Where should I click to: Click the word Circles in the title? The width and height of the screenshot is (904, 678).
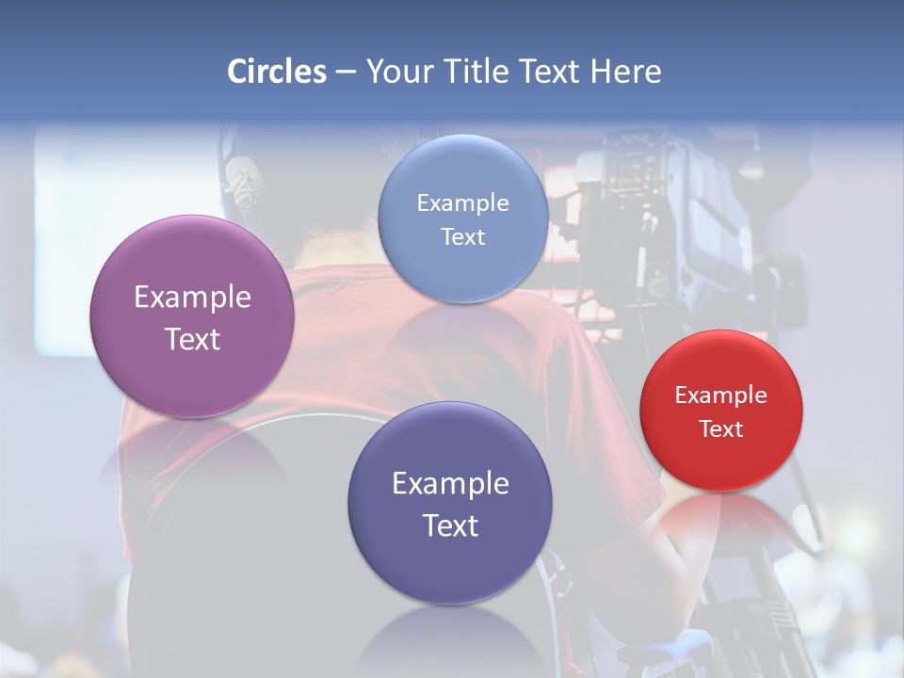[x=277, y=72]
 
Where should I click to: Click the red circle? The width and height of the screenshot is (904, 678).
[x=721, y=411]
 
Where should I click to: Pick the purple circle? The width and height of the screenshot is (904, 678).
[x=192, y=316]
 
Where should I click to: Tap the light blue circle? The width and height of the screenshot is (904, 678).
[x=463, y=218]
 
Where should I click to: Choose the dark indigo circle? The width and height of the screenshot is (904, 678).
[x=450, y=503]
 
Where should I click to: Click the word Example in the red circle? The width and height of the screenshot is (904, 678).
[x=721, y=395]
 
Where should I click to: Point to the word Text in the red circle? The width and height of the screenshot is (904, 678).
[x=721, y=428]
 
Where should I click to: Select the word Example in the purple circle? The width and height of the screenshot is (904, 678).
[x=192, y=297]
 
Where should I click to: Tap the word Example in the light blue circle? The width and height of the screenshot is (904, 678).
[x=463, y=202]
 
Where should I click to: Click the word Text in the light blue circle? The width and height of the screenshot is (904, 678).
[x=463, y=236]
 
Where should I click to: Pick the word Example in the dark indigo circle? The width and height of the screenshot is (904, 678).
[x=450, y=483]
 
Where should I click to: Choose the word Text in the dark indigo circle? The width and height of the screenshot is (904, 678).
[x=450, y=525]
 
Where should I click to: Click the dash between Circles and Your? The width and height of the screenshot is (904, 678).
[x=346, y=73]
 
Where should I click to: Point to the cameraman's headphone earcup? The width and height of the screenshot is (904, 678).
[x=243, y=181]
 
